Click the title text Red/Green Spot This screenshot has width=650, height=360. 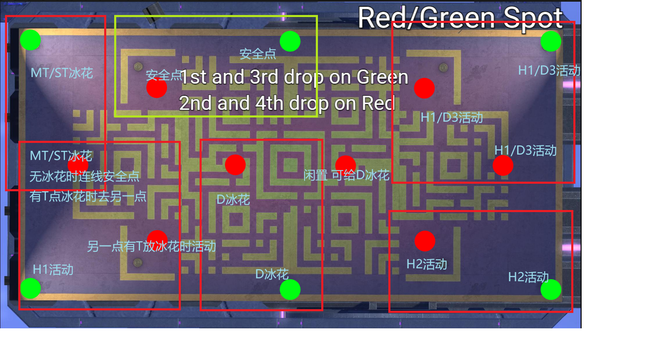point(460,18)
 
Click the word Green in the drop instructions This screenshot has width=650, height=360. point(382,77)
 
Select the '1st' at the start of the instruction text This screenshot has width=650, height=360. point(194,77)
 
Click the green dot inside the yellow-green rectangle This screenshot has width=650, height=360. point(290,41)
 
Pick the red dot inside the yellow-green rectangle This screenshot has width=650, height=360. point(157,87)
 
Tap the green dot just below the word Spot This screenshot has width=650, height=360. point(551,41)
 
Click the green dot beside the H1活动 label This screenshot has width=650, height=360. point(30,288)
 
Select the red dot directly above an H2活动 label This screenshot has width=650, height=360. point(425,241)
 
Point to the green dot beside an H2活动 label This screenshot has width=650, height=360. point(551,290)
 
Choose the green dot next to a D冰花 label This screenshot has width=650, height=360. point(290,290)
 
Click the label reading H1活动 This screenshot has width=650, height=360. point(53,270)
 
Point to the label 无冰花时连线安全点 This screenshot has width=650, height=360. point(85,176)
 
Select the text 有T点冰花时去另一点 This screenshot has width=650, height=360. point(88,197)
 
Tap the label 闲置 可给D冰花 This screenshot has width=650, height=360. point(347,175)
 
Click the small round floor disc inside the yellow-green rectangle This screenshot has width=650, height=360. point(138,67)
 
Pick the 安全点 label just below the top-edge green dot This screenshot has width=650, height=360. point(257,54)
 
